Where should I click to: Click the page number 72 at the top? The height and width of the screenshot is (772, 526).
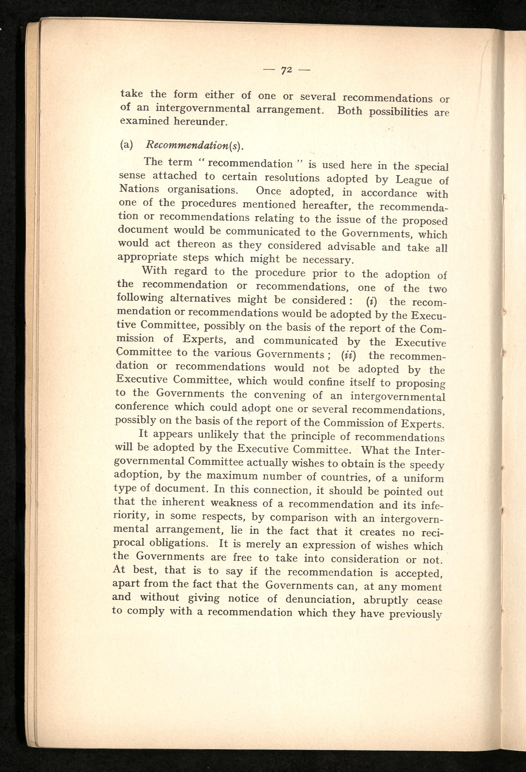[286, 70]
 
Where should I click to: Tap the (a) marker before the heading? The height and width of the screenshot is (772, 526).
[126, 145]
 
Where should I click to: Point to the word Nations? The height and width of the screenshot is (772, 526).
[139, 189]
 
